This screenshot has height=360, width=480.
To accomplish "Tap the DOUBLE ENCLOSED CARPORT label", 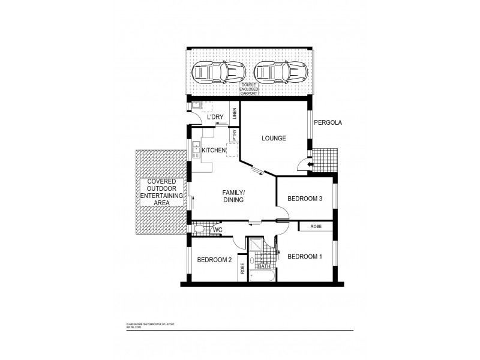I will click(249, 89).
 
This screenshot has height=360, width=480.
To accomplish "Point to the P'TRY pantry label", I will click(235, 136).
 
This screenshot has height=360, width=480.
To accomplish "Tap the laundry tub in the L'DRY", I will click(196, 106).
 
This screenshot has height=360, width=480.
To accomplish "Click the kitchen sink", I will click(196, 148).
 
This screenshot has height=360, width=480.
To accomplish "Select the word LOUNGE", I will click(273, 139).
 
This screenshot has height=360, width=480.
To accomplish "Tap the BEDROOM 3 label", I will click(306, 199).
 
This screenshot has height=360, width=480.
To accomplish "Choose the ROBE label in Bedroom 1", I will click(316, 227).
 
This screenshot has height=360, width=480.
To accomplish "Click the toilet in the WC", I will click(199, 229).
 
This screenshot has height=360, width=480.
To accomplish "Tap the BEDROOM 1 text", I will click(305, 257).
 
